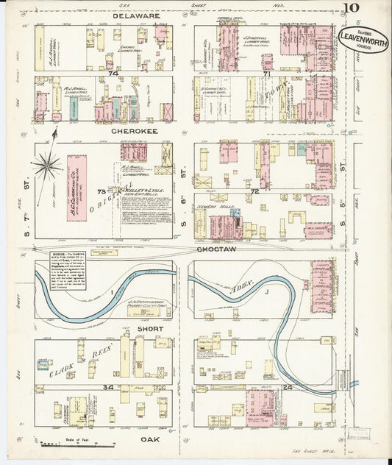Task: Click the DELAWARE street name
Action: pyautogui.click(x=136, y=15)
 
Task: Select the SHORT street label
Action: pyautogui.click(x=151, y=329)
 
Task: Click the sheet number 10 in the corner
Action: pyautogui.click(x=350, y=10)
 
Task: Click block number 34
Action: pyautogui.click(x=108, y=386)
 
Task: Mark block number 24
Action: pyautogui.click(x=267, y=386)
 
